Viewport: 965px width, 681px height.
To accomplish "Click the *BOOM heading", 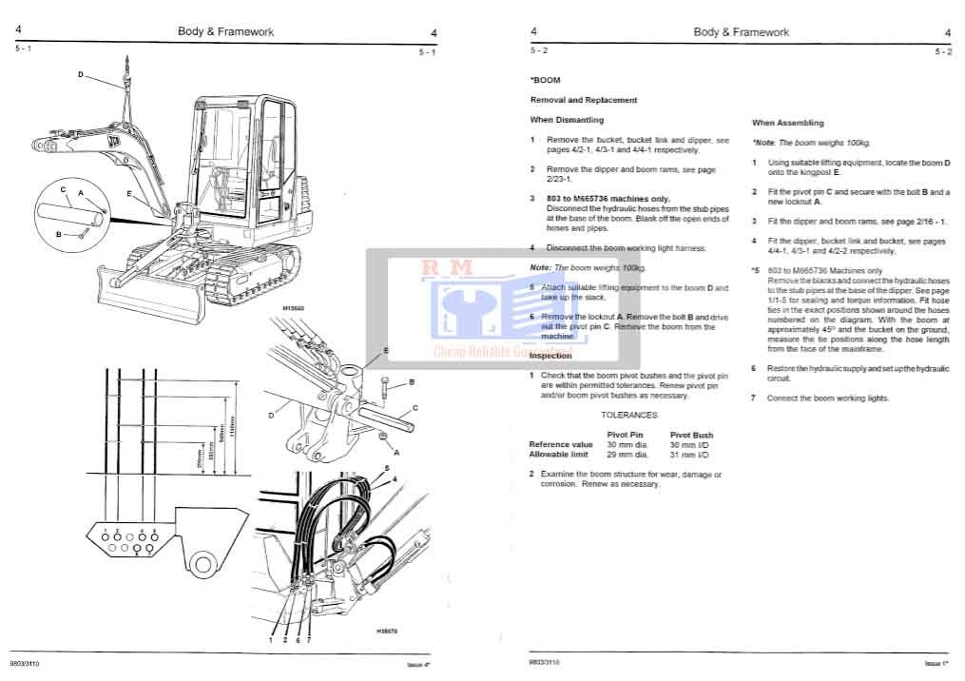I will [x=546, y=83].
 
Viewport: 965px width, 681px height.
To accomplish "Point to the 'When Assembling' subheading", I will [x=788, y=123].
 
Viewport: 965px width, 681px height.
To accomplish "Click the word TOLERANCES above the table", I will [x=628, y=416].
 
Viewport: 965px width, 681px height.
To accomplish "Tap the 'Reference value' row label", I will [x=561, y=444].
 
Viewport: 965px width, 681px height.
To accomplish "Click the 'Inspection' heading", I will [x=551, y=356].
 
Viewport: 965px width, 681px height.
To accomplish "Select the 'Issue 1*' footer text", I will [x=937, y=662].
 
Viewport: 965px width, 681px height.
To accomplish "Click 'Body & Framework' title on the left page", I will [x=225, y=31].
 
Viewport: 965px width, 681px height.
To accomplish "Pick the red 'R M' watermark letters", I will [x=448, y=269].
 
